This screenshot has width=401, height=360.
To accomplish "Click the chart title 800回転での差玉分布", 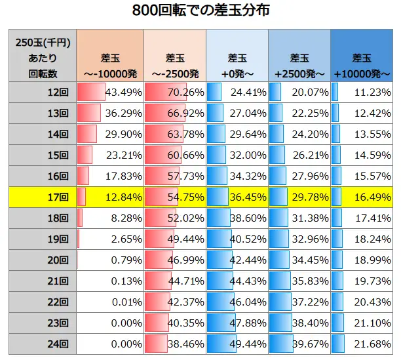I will click(200, 11).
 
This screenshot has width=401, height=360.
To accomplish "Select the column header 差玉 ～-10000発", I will click(109, 56).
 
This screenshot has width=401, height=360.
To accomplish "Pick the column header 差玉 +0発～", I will click(237, 56).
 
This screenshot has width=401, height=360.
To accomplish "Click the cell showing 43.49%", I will click(109, 92).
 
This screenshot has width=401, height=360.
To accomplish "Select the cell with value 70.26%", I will click(174, 92).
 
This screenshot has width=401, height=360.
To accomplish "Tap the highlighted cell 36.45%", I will click(237, 197).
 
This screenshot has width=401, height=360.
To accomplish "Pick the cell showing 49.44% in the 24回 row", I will click(237, 343).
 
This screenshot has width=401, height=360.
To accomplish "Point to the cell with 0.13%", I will click(109, 280).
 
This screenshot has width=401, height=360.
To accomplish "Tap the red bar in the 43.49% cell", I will click(91, 92).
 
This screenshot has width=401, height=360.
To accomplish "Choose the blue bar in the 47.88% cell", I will click(220, 322).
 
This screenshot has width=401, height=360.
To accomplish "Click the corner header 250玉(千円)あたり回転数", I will click(43, 56).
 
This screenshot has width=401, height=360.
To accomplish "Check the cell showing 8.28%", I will click(109, 218).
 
